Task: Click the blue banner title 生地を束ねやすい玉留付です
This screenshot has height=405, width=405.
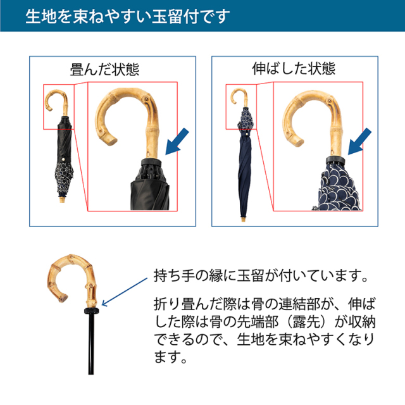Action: pyautogui.click(x=128, y=16)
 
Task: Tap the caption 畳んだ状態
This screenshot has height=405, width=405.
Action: pyautogui.click(x=104, y=69)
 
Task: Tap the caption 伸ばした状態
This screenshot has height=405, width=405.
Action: pyautogui.click(x=294, y=68)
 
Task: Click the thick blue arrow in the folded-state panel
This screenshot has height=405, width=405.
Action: pyautogui.click(x=177, y=142)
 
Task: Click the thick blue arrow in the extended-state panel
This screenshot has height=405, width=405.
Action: pyautogui.click(x=359, y=142)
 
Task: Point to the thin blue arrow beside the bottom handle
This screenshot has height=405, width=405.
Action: pyautogui.click(x=125, y=292)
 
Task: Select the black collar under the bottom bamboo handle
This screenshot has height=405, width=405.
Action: pyautogui.click(x=91, y=310)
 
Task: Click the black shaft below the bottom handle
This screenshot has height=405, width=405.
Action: pyautogui.click(x=91, y=344)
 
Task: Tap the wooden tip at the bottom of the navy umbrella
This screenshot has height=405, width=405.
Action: pyautogui.click(x=243, y=220)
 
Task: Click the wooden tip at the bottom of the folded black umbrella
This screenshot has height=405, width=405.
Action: pyautogui.click(x=62, y=200)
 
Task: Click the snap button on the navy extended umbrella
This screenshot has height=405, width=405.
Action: pyautogui.click(x=247, y=134)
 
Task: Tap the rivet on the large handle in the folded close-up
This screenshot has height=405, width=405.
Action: pyautogui.click(x=146, y=99)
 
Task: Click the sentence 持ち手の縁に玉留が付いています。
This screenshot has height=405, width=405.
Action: pyautogui.click(x=261, y=276)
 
